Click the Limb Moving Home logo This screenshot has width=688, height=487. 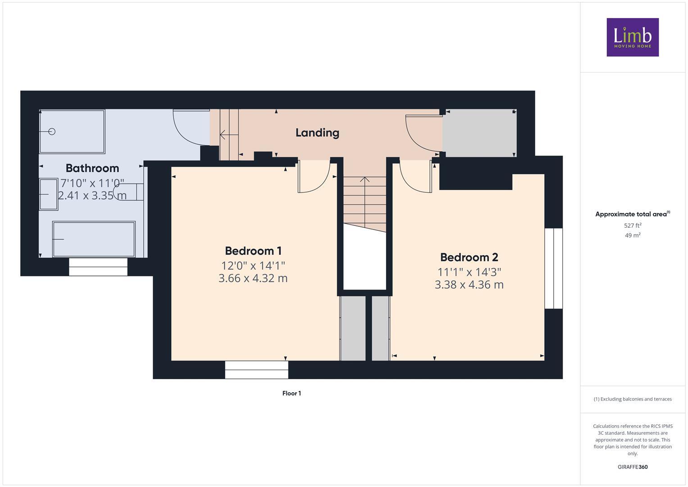[x=632, y=37]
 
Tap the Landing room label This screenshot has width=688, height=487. [x=317, y=133]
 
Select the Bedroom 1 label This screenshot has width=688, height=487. [x=253, y=251]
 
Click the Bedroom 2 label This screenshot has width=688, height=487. [x=469, y=257]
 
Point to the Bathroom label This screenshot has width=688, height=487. [x=92, y=168]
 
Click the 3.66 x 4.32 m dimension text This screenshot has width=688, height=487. [x=253, y=278]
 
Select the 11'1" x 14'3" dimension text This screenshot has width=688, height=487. [x=469, y=272]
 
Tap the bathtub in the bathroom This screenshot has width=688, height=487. [x=94, y=239]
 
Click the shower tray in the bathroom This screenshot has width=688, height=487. [x=72, y=132]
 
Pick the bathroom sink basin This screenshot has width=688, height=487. [x=48, y=194]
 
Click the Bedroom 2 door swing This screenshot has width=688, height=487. [x=415, y=177]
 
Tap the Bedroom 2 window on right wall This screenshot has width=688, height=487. [x=554, y=268]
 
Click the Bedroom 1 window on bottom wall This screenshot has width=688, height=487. [x=256, y=370]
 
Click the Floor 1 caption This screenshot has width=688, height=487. [x=292, y=393]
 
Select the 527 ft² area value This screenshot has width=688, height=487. [x=632, y=225]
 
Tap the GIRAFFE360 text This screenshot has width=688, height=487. [x=632, y=467]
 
